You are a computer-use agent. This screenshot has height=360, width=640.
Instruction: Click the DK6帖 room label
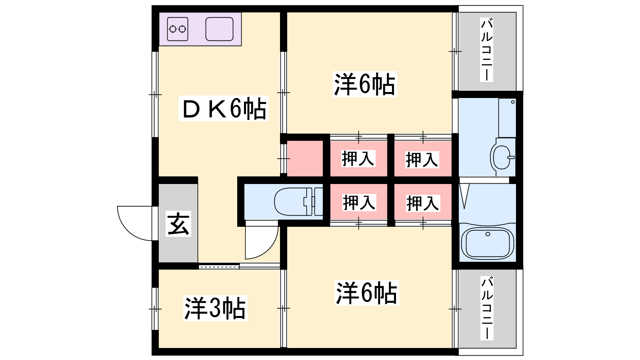pyautogui.click(x=224, y=108)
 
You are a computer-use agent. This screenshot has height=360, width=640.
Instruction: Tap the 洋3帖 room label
pyautogui.click(x=215, y=308)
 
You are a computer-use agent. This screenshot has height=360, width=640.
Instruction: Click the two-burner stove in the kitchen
pyautogui.click(x=178, y=29)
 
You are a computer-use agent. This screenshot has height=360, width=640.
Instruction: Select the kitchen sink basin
pyautogui.click(x=220, y=29)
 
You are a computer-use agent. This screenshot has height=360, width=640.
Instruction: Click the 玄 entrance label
pyautogui.click(x=178, y=224)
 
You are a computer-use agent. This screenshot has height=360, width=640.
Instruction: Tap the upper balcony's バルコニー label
pyautogui.click(x=486, y=50)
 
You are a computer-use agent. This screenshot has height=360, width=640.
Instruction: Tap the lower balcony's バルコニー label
pyautogui.click(x=487, y=308)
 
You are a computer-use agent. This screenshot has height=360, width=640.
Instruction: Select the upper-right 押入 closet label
pyautogui.click(x=422, y=160)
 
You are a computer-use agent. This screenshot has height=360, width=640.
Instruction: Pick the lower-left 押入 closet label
pyautogui.click(x=359, y=202)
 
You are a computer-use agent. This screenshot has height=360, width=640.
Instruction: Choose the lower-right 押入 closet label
pyautogui.click(x=423, y=203)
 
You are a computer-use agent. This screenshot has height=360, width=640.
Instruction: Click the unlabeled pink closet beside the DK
pyautogui.click(x=305, y=158)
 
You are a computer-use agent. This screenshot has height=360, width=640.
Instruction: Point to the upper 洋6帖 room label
pyautogui.click(x=365, y=84)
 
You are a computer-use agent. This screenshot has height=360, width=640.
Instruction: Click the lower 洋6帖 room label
pyautogui.click(x=367, y=293)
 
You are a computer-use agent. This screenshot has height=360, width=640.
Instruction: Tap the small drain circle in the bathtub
pyautogui.click(x=488, y=234)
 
